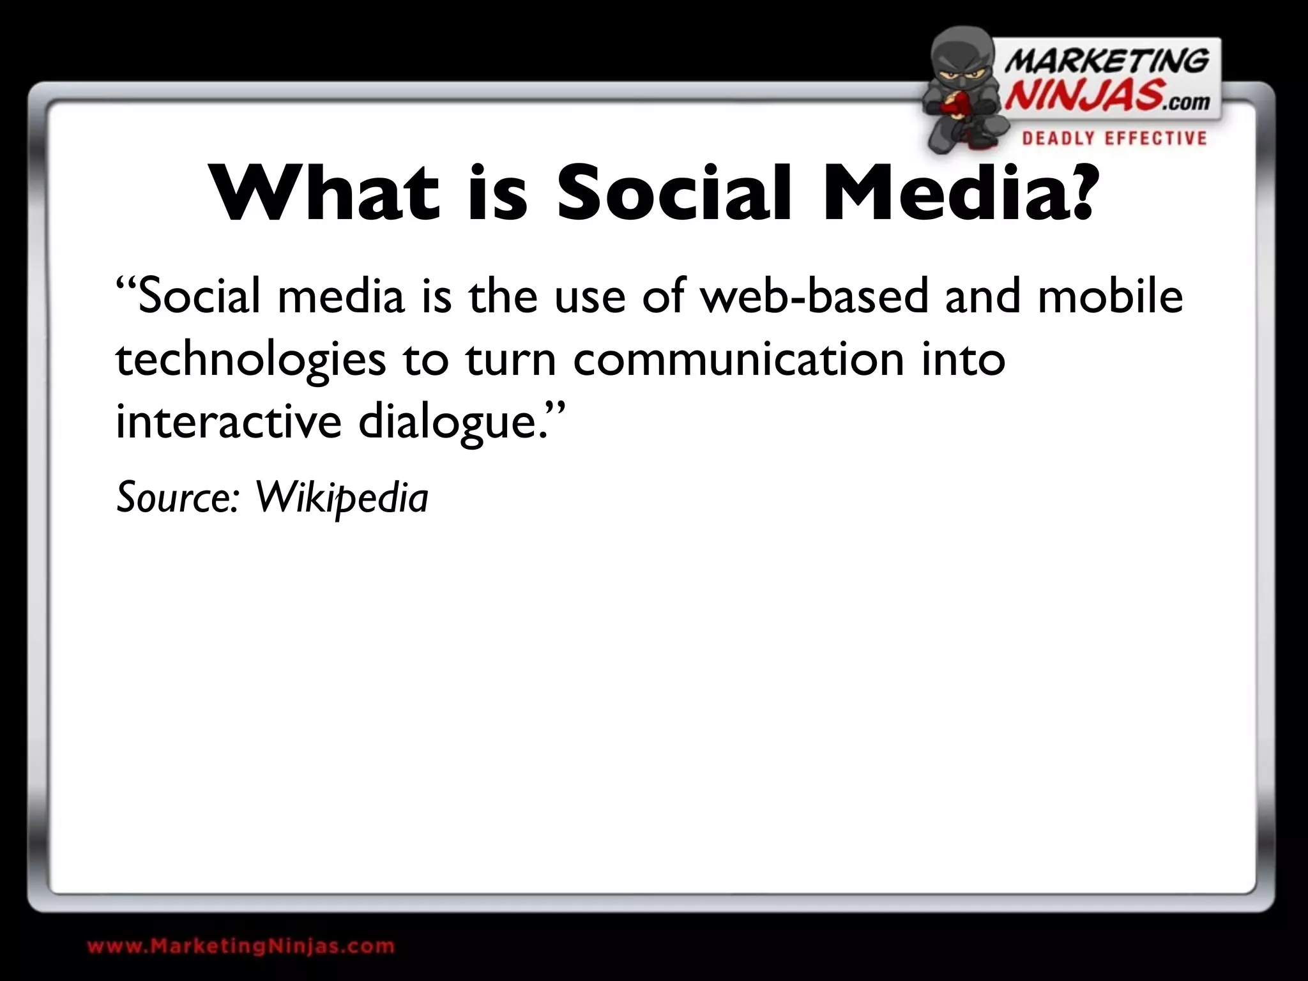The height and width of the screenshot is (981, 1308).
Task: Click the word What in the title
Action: [x=326, y=193]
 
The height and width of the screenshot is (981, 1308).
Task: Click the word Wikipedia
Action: [x=342, y=498]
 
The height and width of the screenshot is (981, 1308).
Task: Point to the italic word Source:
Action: [x=178, y=498]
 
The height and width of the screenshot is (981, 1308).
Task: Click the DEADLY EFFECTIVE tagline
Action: [x=1114, y=139]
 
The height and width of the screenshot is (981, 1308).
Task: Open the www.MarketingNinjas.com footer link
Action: [x=241, y=946]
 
